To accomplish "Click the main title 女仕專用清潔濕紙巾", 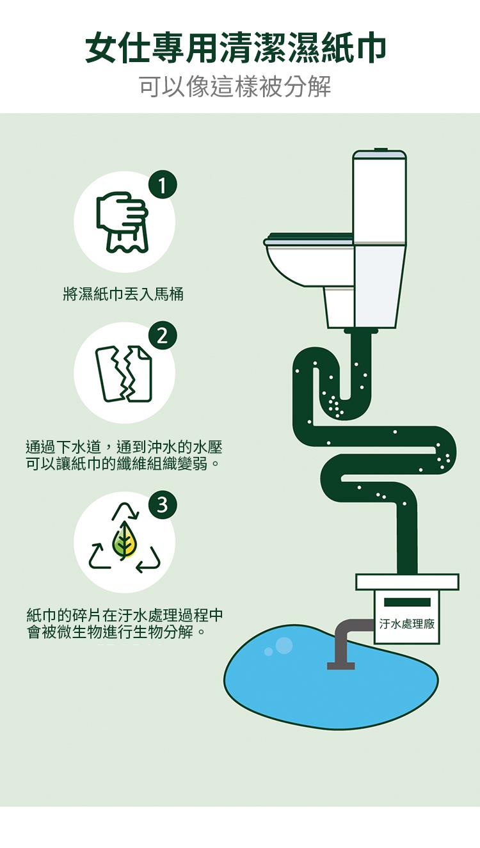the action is [236, 48].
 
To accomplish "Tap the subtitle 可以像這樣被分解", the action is [236, 86].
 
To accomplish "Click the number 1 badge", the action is [162, 186].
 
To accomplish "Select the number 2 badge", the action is [162, 335].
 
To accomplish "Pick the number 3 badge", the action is [162, 504].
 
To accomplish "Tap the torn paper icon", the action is [124, 373].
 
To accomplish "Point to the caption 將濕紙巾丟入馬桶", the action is [123, 294].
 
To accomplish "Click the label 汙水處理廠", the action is [406, 624].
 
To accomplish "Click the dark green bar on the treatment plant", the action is [407, 602].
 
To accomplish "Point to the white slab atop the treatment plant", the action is [407, 582].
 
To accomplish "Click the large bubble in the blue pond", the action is [284, 646].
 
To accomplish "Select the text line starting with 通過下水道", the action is [124, 447].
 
